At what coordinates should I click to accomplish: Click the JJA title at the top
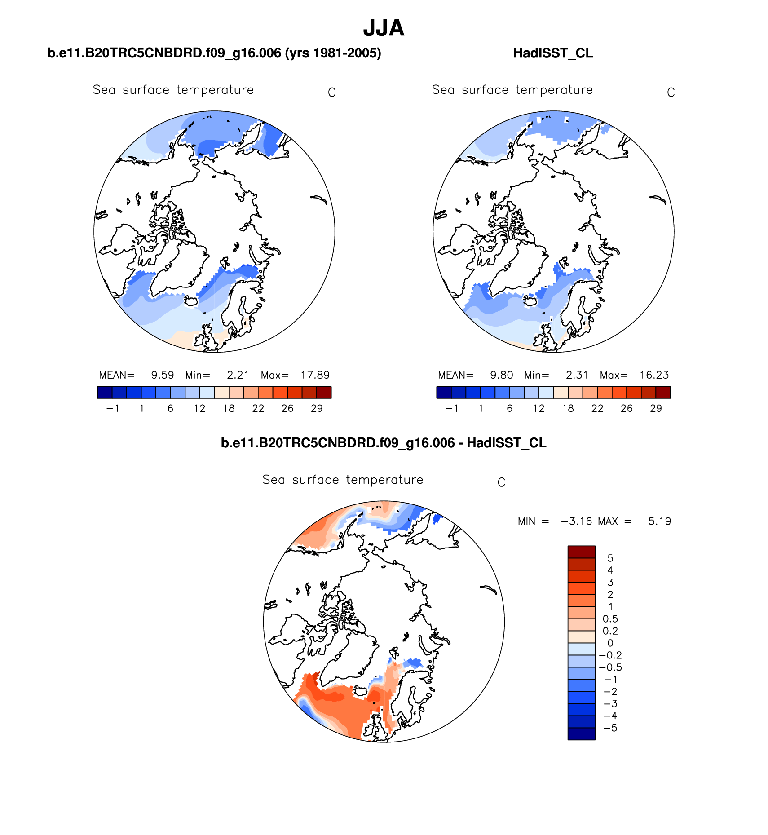(384, 28)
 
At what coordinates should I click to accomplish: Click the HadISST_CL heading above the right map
(553, 53)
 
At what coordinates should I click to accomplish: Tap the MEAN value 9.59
(162, 375)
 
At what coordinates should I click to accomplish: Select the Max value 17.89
(315, 375)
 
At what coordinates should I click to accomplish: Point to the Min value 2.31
(577, 375)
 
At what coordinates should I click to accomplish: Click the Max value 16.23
(654, 375)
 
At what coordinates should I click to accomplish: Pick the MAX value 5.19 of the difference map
(659, 521)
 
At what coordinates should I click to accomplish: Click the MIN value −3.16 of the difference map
(577, 521)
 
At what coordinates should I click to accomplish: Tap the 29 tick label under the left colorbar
(317, 408)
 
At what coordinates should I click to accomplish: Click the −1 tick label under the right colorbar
(452, 408)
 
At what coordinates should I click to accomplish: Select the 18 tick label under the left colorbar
(229, 408)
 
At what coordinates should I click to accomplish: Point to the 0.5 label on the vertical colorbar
(610, 619)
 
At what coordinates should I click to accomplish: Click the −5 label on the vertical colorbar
(610, 728)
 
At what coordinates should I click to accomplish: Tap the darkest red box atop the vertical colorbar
(581, 552)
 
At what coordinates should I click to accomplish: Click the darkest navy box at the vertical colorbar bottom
(581, 733)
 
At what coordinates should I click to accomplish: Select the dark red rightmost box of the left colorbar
(324, 393)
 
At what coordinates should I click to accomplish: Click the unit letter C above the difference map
(501, 482)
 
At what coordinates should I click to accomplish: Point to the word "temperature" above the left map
(215, 90)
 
